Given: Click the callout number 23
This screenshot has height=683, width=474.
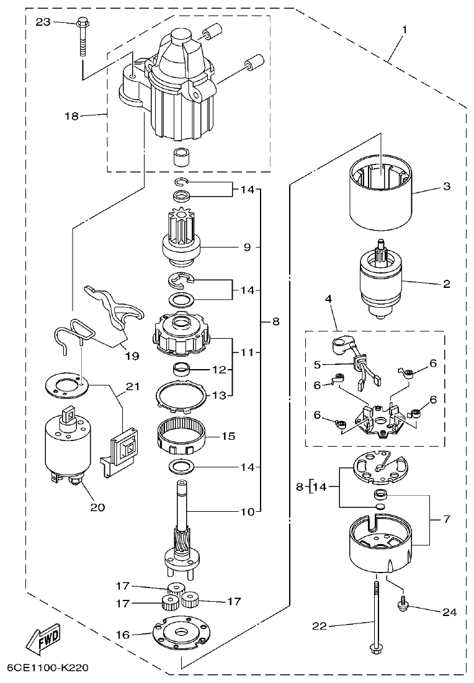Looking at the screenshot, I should (43, 22).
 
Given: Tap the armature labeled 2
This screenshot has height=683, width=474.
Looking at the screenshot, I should (381, 282).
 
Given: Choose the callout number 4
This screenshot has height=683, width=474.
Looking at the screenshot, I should (328, 299).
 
